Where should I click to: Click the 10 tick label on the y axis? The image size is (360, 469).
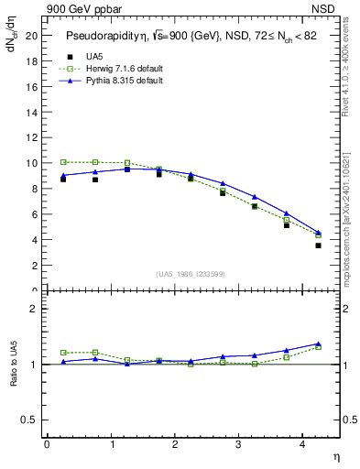tap(32, 163)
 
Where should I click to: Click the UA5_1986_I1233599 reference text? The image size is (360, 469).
tap(191, 275)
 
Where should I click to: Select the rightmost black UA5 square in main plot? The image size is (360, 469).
tap(318, 245)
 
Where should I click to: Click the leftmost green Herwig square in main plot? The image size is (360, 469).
tap(63, 162)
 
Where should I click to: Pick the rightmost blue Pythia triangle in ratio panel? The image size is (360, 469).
tap(318, 344)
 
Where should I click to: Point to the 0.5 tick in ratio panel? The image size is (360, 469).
tap(29, 420)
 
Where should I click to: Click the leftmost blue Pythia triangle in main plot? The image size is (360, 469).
tap(63, 175)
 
